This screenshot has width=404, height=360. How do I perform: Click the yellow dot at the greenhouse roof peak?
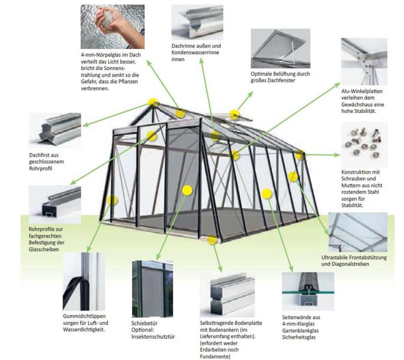point(153,102)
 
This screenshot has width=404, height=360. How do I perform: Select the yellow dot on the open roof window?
point(234,114)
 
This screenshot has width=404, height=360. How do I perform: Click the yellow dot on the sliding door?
point(187,190)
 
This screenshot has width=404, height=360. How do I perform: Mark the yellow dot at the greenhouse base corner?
point(212,240)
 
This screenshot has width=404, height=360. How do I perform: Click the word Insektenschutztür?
point(153,337)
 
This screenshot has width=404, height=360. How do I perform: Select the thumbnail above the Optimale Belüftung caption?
point(280,48)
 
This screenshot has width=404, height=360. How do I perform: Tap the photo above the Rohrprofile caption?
point(55,205)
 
